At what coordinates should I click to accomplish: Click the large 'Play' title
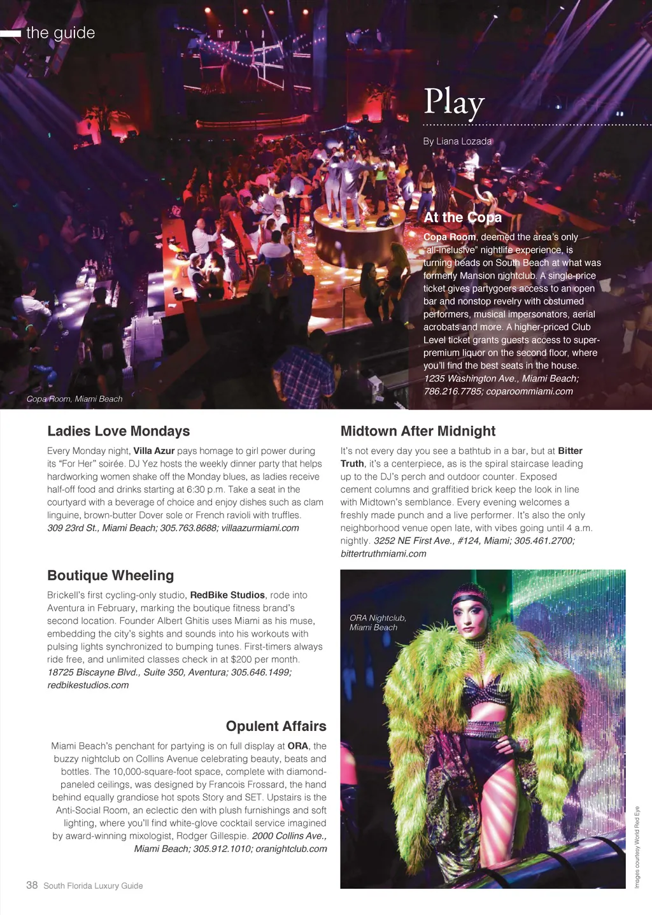click(454, 102)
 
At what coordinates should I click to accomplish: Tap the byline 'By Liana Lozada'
click(457, 141)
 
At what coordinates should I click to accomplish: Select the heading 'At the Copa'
click(462, 218)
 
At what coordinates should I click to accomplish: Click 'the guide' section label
click(60, 33)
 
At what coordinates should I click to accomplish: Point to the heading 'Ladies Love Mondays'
click(118, 431)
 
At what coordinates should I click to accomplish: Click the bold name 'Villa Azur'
click(153, 451)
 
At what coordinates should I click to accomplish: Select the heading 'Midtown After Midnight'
click(418, 431)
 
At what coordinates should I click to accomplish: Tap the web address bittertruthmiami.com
click(383, 554)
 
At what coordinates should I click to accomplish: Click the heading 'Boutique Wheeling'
click(110, 576)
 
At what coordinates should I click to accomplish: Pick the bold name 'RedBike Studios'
click(227, 595)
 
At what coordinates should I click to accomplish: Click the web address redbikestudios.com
click(88, 685)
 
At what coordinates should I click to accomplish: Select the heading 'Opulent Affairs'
click(276, 727)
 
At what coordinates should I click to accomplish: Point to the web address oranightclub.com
click(291, 849)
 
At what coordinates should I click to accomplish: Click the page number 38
click(32, 885)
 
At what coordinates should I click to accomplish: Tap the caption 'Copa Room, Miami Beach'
click(74, 399)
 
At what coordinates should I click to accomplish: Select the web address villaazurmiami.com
click(260, 528)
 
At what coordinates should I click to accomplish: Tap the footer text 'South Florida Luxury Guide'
click(93, 886)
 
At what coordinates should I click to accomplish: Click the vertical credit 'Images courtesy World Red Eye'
click(637, 847)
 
